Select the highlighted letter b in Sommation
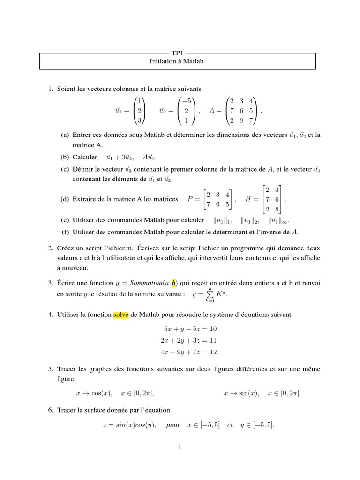174,283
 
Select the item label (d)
65,199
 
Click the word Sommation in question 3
143,283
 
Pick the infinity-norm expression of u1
282,220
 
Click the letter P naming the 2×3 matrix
191,199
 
